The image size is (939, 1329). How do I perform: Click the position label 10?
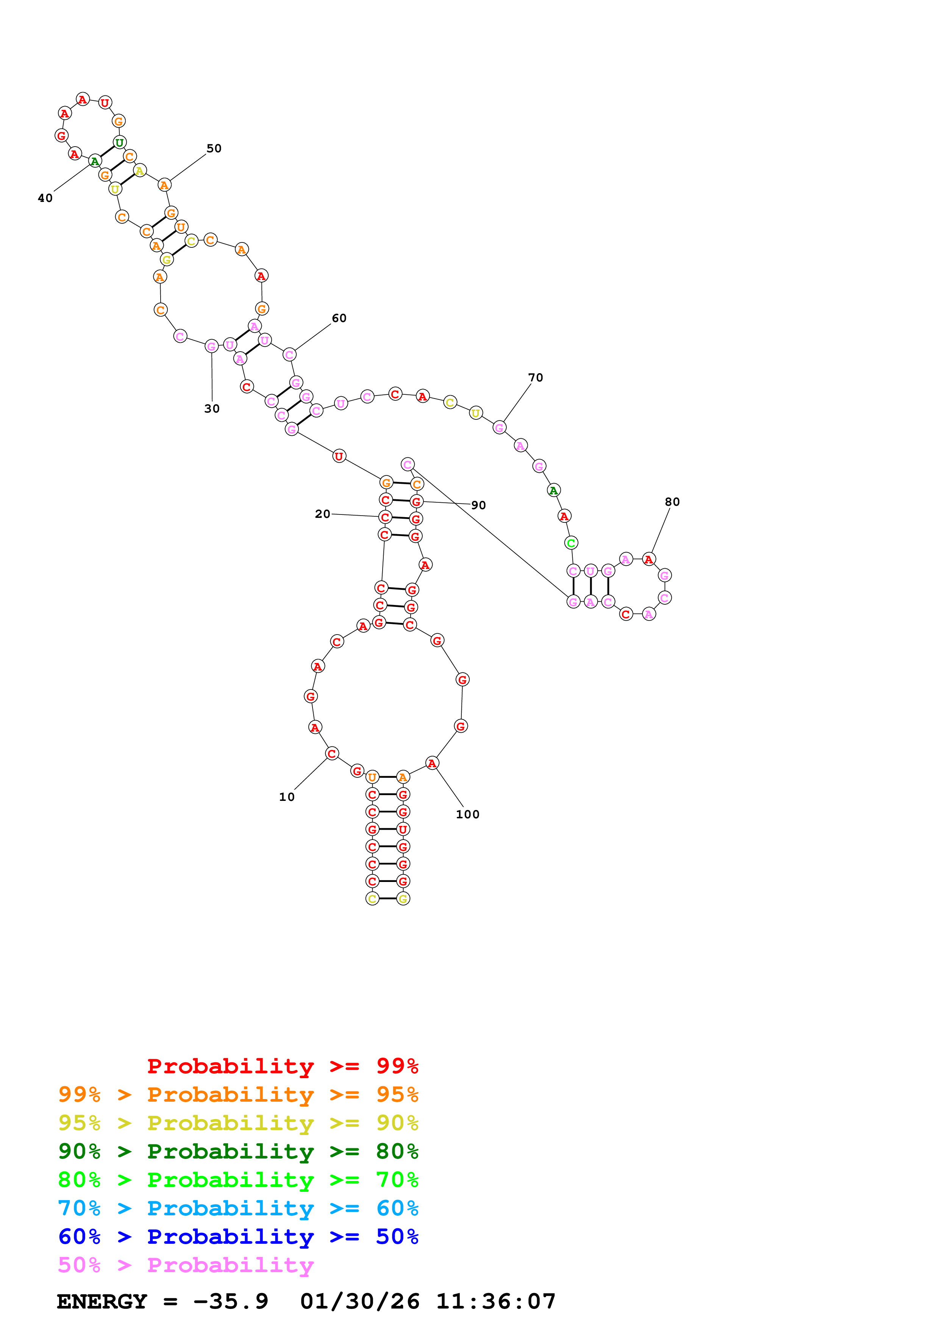(286, 797)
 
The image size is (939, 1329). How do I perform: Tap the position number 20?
(322, 514)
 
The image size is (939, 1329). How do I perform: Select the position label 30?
(212, 409)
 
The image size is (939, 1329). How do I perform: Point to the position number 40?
(45, 198)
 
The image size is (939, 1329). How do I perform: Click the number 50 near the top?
(214, 148)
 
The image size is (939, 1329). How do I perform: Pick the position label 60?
(339, 318)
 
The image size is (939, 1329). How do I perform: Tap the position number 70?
(535, 377)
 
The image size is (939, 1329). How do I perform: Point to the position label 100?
(467, 815)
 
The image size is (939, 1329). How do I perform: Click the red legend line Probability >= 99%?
(282, 1066)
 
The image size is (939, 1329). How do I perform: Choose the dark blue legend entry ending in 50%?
(238, 1237)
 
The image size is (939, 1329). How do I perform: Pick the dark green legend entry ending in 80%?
(238, 1151)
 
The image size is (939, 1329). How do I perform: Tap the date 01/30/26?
(359, 1301)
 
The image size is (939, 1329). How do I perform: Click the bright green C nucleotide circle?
(571, 543)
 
